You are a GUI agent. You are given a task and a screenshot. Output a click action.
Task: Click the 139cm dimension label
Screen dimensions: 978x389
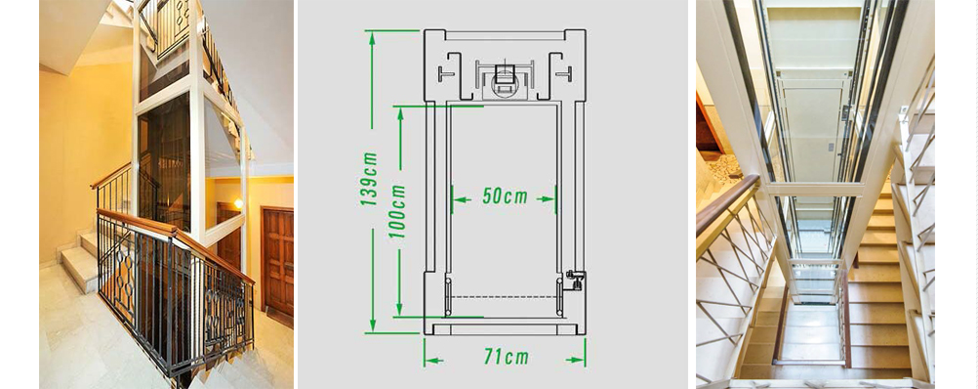[369, 179]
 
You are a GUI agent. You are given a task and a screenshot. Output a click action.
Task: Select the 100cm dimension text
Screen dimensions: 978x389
[396, 211]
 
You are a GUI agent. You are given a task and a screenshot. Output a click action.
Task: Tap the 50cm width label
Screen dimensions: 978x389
[505, 196]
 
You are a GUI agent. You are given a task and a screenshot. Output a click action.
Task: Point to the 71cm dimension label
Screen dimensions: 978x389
[506, 357]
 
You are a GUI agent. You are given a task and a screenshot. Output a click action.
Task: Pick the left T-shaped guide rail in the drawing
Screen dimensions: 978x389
[445, 73]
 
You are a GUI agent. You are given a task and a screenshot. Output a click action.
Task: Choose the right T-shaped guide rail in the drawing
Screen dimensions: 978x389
[564, 73]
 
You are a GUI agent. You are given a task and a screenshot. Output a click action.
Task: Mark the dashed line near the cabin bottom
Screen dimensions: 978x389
[503, 296]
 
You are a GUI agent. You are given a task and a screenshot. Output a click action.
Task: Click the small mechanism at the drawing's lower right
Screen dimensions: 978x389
[575, 280]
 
